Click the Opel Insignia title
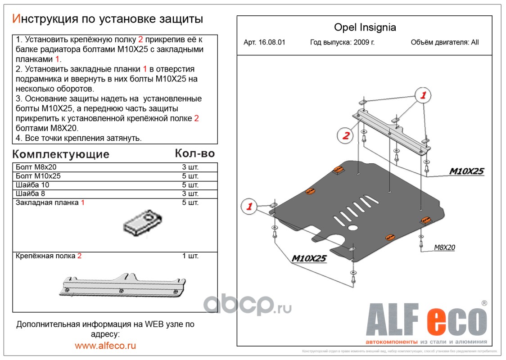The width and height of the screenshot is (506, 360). [x=365, y=27]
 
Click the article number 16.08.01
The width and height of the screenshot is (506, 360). [x=264, y=43]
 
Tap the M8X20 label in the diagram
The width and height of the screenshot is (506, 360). [x=444, y=247]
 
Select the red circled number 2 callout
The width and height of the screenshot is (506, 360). [x=346, y=135]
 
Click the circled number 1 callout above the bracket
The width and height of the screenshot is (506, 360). [x=423, y=95]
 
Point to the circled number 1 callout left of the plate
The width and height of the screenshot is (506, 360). [x=248, y=207]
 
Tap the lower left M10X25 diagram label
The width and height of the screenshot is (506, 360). [x=309, y=258]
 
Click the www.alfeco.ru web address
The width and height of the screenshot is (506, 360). [x=105, y=346]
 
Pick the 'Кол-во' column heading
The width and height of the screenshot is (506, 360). [x=194, y=153]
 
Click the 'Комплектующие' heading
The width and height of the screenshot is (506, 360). [x=61, y=154]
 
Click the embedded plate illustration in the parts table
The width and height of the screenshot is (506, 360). [x=142, y=221]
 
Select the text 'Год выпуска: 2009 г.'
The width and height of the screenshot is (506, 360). [x=343, y=43]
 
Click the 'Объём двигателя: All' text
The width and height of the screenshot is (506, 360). [x=445, y=43]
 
